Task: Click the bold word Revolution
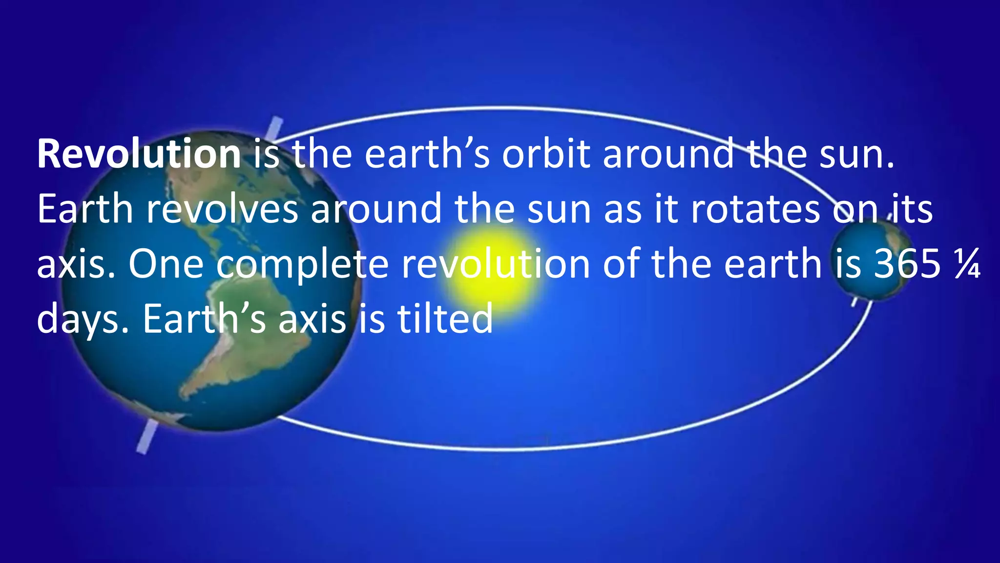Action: point(139,154)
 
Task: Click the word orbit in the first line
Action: point(546,154)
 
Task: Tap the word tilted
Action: point(444,319)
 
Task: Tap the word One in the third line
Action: point(166,264)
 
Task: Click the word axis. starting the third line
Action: point(76,264)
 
